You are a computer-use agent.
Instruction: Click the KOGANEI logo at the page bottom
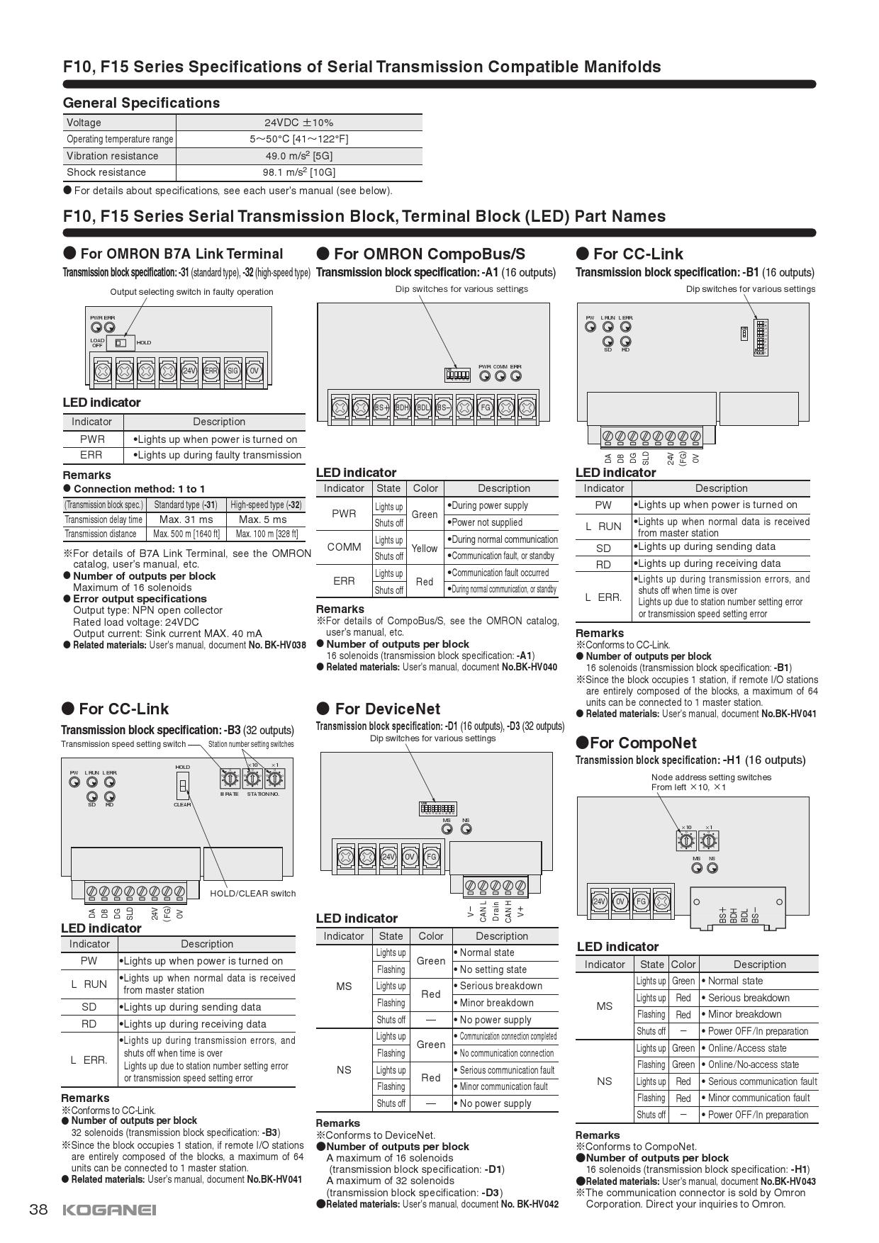(109, 1210)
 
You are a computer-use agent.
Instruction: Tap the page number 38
(38, 1210)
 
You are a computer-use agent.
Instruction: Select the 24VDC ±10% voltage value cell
(298, 123)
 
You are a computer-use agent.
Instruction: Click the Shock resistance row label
(106, 172)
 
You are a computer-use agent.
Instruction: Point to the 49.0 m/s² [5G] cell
(298, 156)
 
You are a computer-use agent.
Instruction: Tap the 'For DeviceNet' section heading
(387, 709)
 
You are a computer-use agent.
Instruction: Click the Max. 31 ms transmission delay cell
(186, 519)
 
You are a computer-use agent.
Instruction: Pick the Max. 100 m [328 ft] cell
(267, 534)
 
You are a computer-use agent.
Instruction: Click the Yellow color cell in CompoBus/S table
(425, 548)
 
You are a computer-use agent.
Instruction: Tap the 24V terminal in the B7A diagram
(189, 370)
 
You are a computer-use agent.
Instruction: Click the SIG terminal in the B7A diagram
(233, 370)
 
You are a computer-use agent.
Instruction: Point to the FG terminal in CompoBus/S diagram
(485, 407)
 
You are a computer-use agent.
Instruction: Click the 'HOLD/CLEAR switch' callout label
(252, 893)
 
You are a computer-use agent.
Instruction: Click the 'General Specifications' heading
(141, 103)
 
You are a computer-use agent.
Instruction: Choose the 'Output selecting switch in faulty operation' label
(191, 292)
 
